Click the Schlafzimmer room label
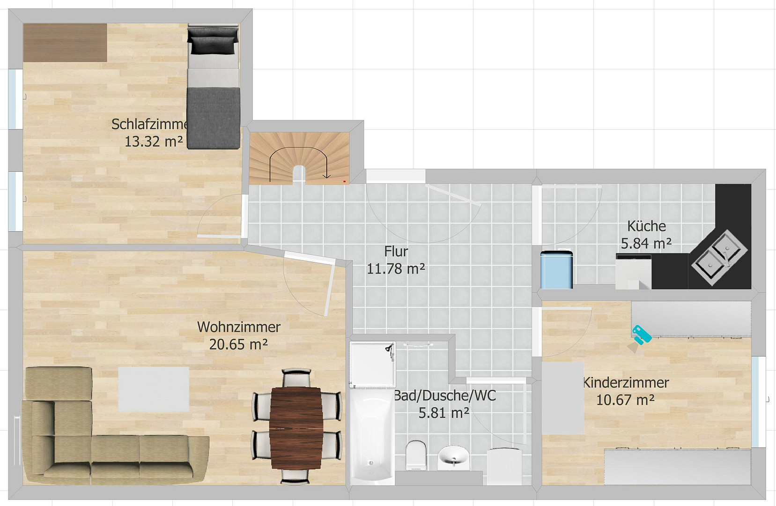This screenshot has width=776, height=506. (150, 125)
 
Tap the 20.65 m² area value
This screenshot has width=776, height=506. (238, 344)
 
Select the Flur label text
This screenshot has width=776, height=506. (396, 252)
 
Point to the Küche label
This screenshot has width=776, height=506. (646, 226)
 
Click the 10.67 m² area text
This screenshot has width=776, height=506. (625, 400)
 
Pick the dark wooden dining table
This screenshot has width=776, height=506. (296, 428)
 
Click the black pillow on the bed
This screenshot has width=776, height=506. (213, 41)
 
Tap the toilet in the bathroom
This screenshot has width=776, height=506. (416, 455)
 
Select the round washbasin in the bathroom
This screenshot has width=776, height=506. (453, 458)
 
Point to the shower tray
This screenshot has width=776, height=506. (372, 365)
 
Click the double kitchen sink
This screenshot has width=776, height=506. (719, 258)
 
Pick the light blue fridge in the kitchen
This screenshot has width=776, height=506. (556, 270)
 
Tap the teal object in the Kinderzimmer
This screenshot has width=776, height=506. (642, 335)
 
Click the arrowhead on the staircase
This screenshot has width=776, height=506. (326, 176)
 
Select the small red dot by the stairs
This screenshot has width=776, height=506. (344, 181)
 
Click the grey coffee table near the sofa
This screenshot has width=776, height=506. (154, 389)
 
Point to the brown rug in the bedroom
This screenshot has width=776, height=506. (65, 43)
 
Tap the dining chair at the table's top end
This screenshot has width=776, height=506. (296, 378)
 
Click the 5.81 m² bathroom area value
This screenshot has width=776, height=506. (444, 413)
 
